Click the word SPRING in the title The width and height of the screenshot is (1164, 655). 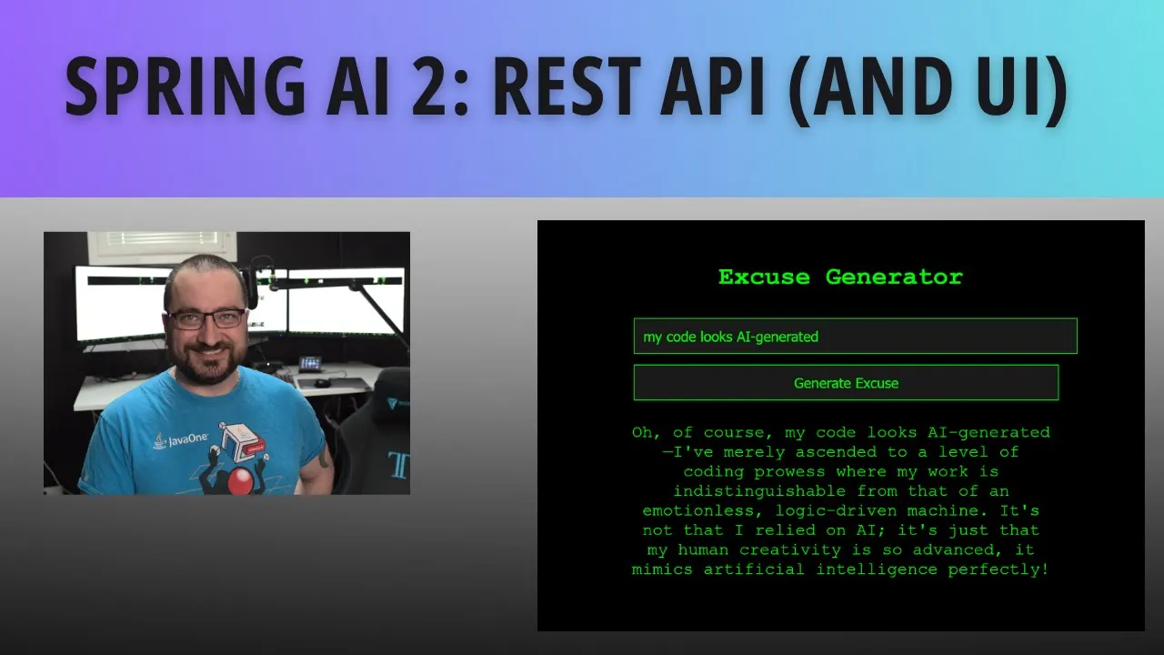coord(185,86)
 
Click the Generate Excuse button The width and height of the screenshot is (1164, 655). coord(846,383)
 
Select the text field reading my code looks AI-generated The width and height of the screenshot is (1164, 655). coord(856,337)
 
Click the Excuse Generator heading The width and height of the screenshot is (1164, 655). coord(840,277)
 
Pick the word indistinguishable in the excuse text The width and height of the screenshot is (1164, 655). coord(759,491)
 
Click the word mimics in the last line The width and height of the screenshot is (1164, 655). coord(662,569)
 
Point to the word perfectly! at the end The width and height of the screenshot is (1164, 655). coord(998,569)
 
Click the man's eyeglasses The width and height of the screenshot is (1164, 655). coord(206,318)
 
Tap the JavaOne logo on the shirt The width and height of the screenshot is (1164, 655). coord(181,439)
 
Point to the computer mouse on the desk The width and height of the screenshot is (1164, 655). coord(322,383)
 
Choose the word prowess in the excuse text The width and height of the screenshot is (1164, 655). coord(789,472)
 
